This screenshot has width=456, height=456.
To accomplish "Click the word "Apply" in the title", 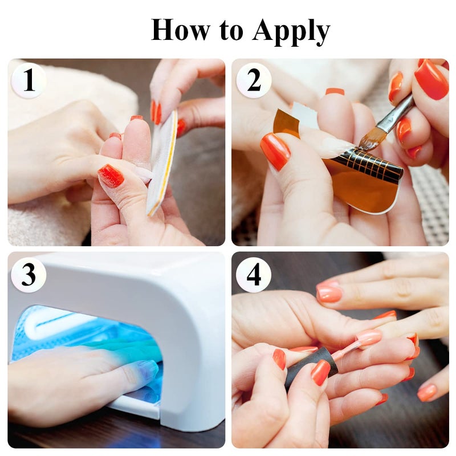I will coord(291,31).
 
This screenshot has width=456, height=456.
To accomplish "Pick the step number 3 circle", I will coord(29,275).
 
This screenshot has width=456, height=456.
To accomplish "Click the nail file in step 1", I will coord(162,162).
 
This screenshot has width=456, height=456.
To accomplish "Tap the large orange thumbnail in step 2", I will coord(275,151).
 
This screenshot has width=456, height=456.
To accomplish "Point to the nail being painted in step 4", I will coord(368,337).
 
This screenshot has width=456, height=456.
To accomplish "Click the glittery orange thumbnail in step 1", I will coord(111,176).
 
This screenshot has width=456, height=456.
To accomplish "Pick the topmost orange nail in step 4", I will coord(329,292).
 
